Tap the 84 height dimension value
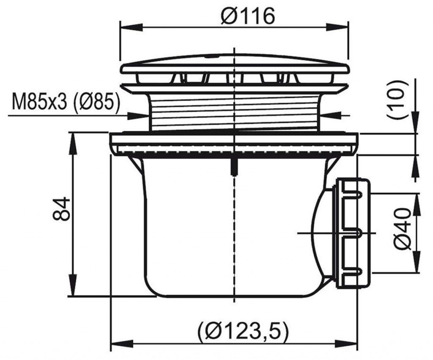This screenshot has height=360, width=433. [61, 208]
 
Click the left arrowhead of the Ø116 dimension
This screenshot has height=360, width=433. [131, 27]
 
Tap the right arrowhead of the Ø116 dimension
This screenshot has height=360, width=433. [337, 27]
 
